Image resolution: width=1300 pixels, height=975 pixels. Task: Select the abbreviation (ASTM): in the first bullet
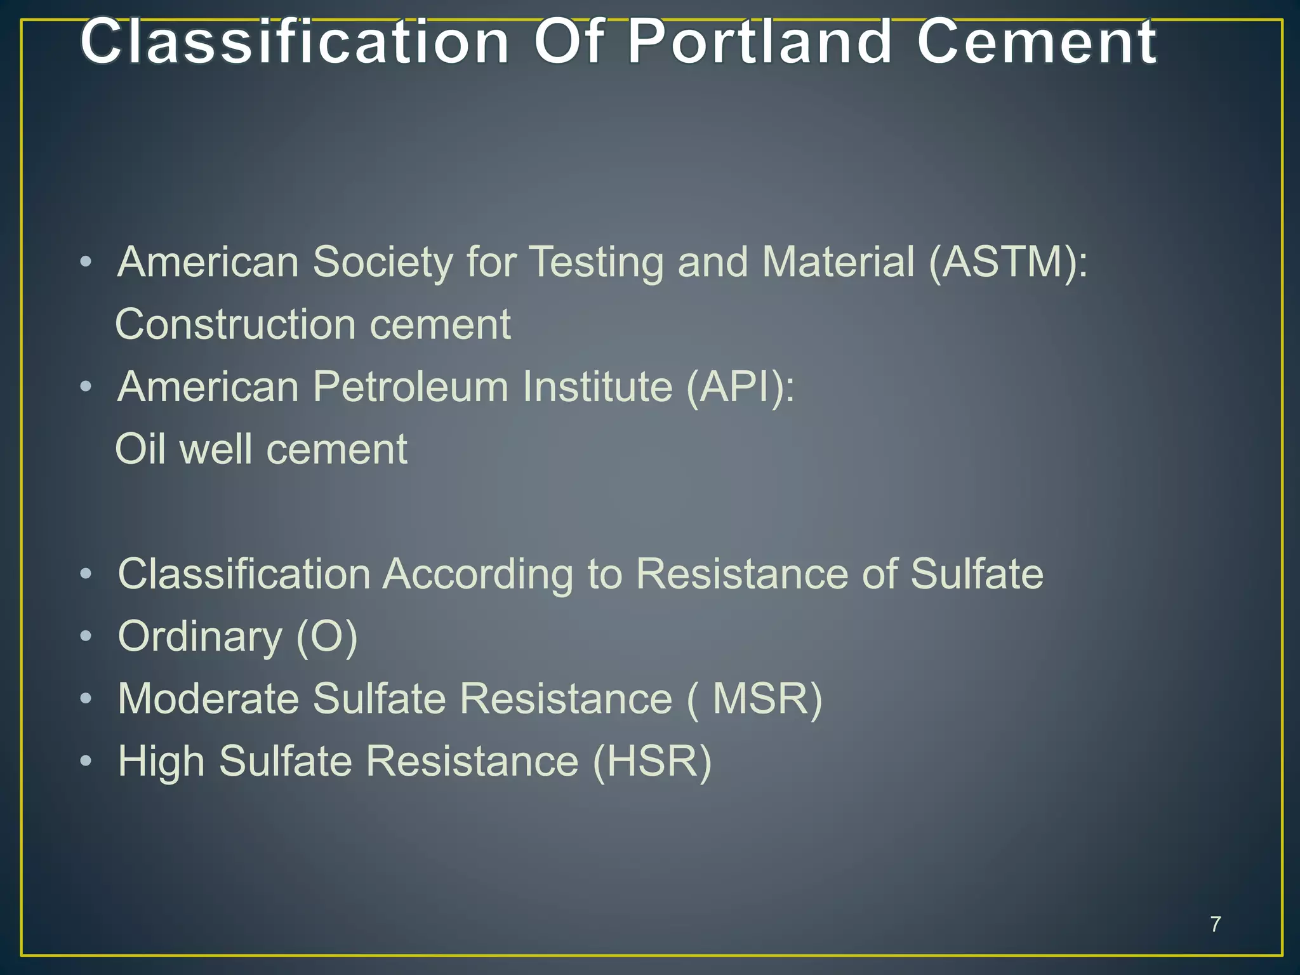[x=1008, y=262]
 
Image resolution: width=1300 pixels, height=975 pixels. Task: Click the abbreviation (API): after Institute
[x=740, y=387]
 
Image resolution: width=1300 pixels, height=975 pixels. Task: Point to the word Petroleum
[x=410, y=387]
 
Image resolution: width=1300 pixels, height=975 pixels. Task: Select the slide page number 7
[x=1215, y=924]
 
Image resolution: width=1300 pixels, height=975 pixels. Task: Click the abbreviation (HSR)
[x=652, y=761]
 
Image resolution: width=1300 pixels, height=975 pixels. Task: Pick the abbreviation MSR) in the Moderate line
[x=767, y=699]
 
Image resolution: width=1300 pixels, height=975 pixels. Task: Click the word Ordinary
[x=200, y=637]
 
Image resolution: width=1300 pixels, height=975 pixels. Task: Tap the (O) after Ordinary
[x=327, y=637]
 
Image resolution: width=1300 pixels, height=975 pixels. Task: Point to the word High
[x=161, y=761]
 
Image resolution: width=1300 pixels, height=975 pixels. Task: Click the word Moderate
[x=208, y=699]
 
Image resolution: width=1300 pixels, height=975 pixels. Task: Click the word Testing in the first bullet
[x=596, y=262]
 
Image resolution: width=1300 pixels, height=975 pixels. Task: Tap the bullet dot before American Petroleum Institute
[x=86, y=387]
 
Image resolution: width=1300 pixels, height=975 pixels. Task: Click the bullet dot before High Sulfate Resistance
[x=86, y=760]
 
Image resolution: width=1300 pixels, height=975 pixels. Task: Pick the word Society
[x=382, y=262]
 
